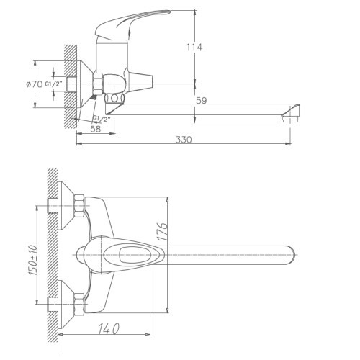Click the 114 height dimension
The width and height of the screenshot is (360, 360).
coord(194,48)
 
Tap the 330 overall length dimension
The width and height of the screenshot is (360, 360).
coord(184,140)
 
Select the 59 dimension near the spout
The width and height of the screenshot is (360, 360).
coord(201,100)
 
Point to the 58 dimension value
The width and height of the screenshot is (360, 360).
coord(96,129)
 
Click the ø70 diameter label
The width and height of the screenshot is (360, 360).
coord(35,84)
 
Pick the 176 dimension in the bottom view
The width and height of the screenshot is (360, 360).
coord(162,231)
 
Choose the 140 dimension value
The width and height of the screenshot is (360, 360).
coord(109,329)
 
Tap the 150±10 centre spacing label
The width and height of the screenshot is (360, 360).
coord(33,260)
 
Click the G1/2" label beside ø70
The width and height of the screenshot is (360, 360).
coord(54,84)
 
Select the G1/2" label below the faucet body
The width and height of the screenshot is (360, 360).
coord(102,118)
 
